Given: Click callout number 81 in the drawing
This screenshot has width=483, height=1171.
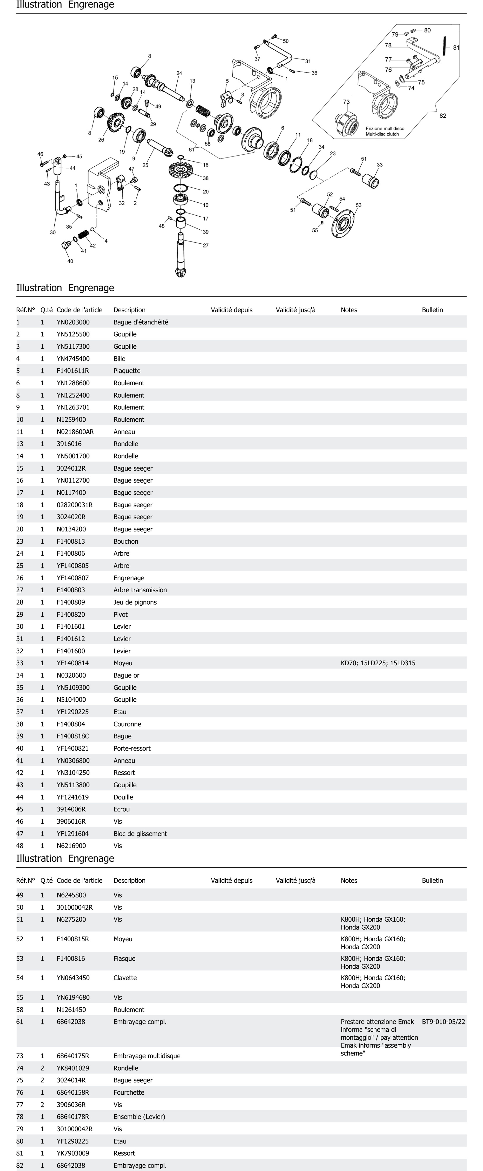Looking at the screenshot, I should point(456,47).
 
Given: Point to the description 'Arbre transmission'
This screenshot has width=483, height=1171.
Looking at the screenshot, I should point(140,590).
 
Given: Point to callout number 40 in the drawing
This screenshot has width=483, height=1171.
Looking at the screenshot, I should point(70,261).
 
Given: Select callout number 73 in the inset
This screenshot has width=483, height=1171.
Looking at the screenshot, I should point(346,102).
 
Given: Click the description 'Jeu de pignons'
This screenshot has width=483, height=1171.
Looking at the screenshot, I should point(135,602).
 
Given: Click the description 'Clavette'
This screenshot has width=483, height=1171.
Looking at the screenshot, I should point(125,978).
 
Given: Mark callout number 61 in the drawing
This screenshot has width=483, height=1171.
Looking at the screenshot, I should point(191,150).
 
